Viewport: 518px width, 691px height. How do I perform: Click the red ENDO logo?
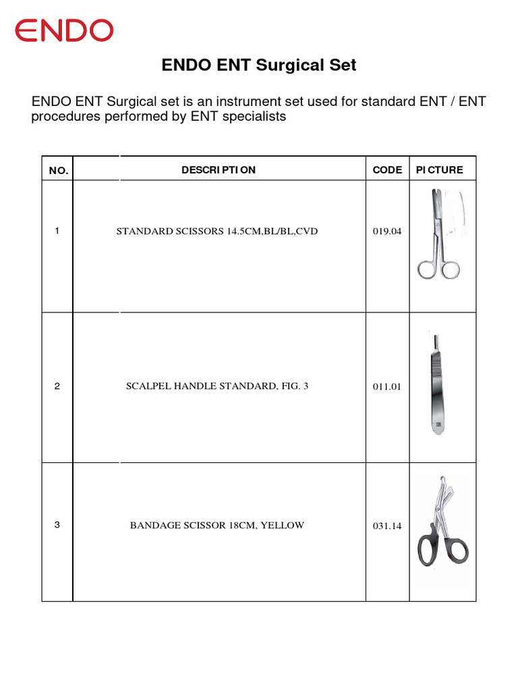[x=65, y=31]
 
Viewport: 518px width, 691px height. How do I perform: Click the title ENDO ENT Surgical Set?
[x=259, y=65]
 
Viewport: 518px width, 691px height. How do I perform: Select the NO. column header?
[x=59, y=171]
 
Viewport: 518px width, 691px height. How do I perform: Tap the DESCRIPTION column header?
[x=219, y=170]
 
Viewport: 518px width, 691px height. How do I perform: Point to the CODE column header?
[x=387, y=170]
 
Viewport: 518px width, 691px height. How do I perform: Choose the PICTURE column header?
[x=440, y=170]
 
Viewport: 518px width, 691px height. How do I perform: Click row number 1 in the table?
[x=57, y=231]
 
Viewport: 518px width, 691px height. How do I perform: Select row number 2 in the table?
[x=57, y=387]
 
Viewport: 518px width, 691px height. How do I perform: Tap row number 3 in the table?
[x=57, y=524]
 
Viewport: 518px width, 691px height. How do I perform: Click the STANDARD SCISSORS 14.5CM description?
[x=217, y=231]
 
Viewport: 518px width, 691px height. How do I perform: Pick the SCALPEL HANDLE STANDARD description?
[x=217, y=387]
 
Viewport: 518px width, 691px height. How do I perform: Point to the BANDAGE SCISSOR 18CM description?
[x=217, y=525]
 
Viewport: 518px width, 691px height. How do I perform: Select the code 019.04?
[x=386, y=231]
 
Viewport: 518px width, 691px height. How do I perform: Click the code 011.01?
[x=386, y=387]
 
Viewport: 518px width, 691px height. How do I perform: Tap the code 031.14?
[x=386, y=526]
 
